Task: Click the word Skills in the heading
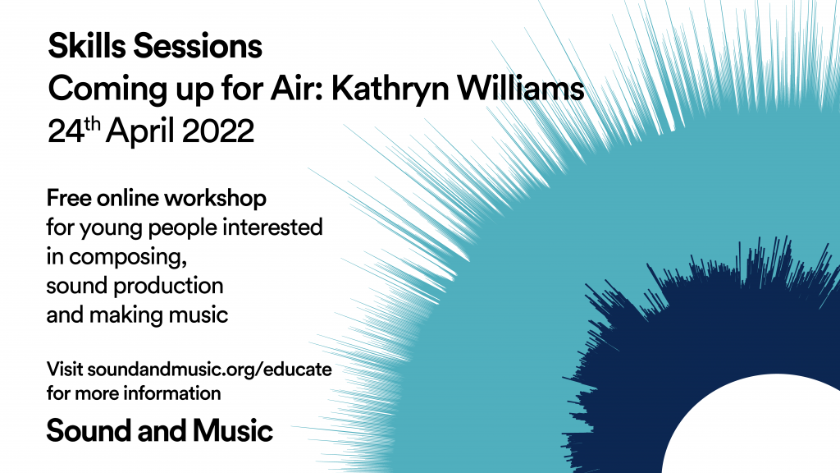(87, 46)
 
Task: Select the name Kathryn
(390, 89)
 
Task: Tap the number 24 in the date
(66, 131)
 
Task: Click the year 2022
(218, 131)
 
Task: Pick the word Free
(69, 199)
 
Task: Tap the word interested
(272, 227)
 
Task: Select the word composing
(127, 257)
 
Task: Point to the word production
(169, 286)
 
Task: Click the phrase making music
(158, 315)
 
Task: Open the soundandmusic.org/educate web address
(209, 370)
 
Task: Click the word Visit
(64, 370)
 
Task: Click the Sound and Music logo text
(160, 430)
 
